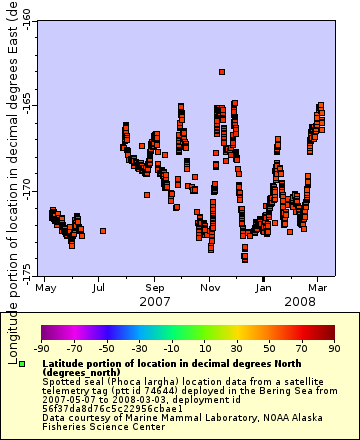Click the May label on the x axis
(x=45, y=287)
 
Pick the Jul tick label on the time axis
(x=100, y=287)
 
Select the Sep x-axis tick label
(x=154, y=287)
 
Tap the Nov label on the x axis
(x=209, y=287)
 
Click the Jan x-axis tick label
(x=264, y=287)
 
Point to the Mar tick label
(x=318, y=287)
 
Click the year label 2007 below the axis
(x=154, y=300)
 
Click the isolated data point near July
(x=103, y=231)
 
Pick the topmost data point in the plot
(x=222, y=71)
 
